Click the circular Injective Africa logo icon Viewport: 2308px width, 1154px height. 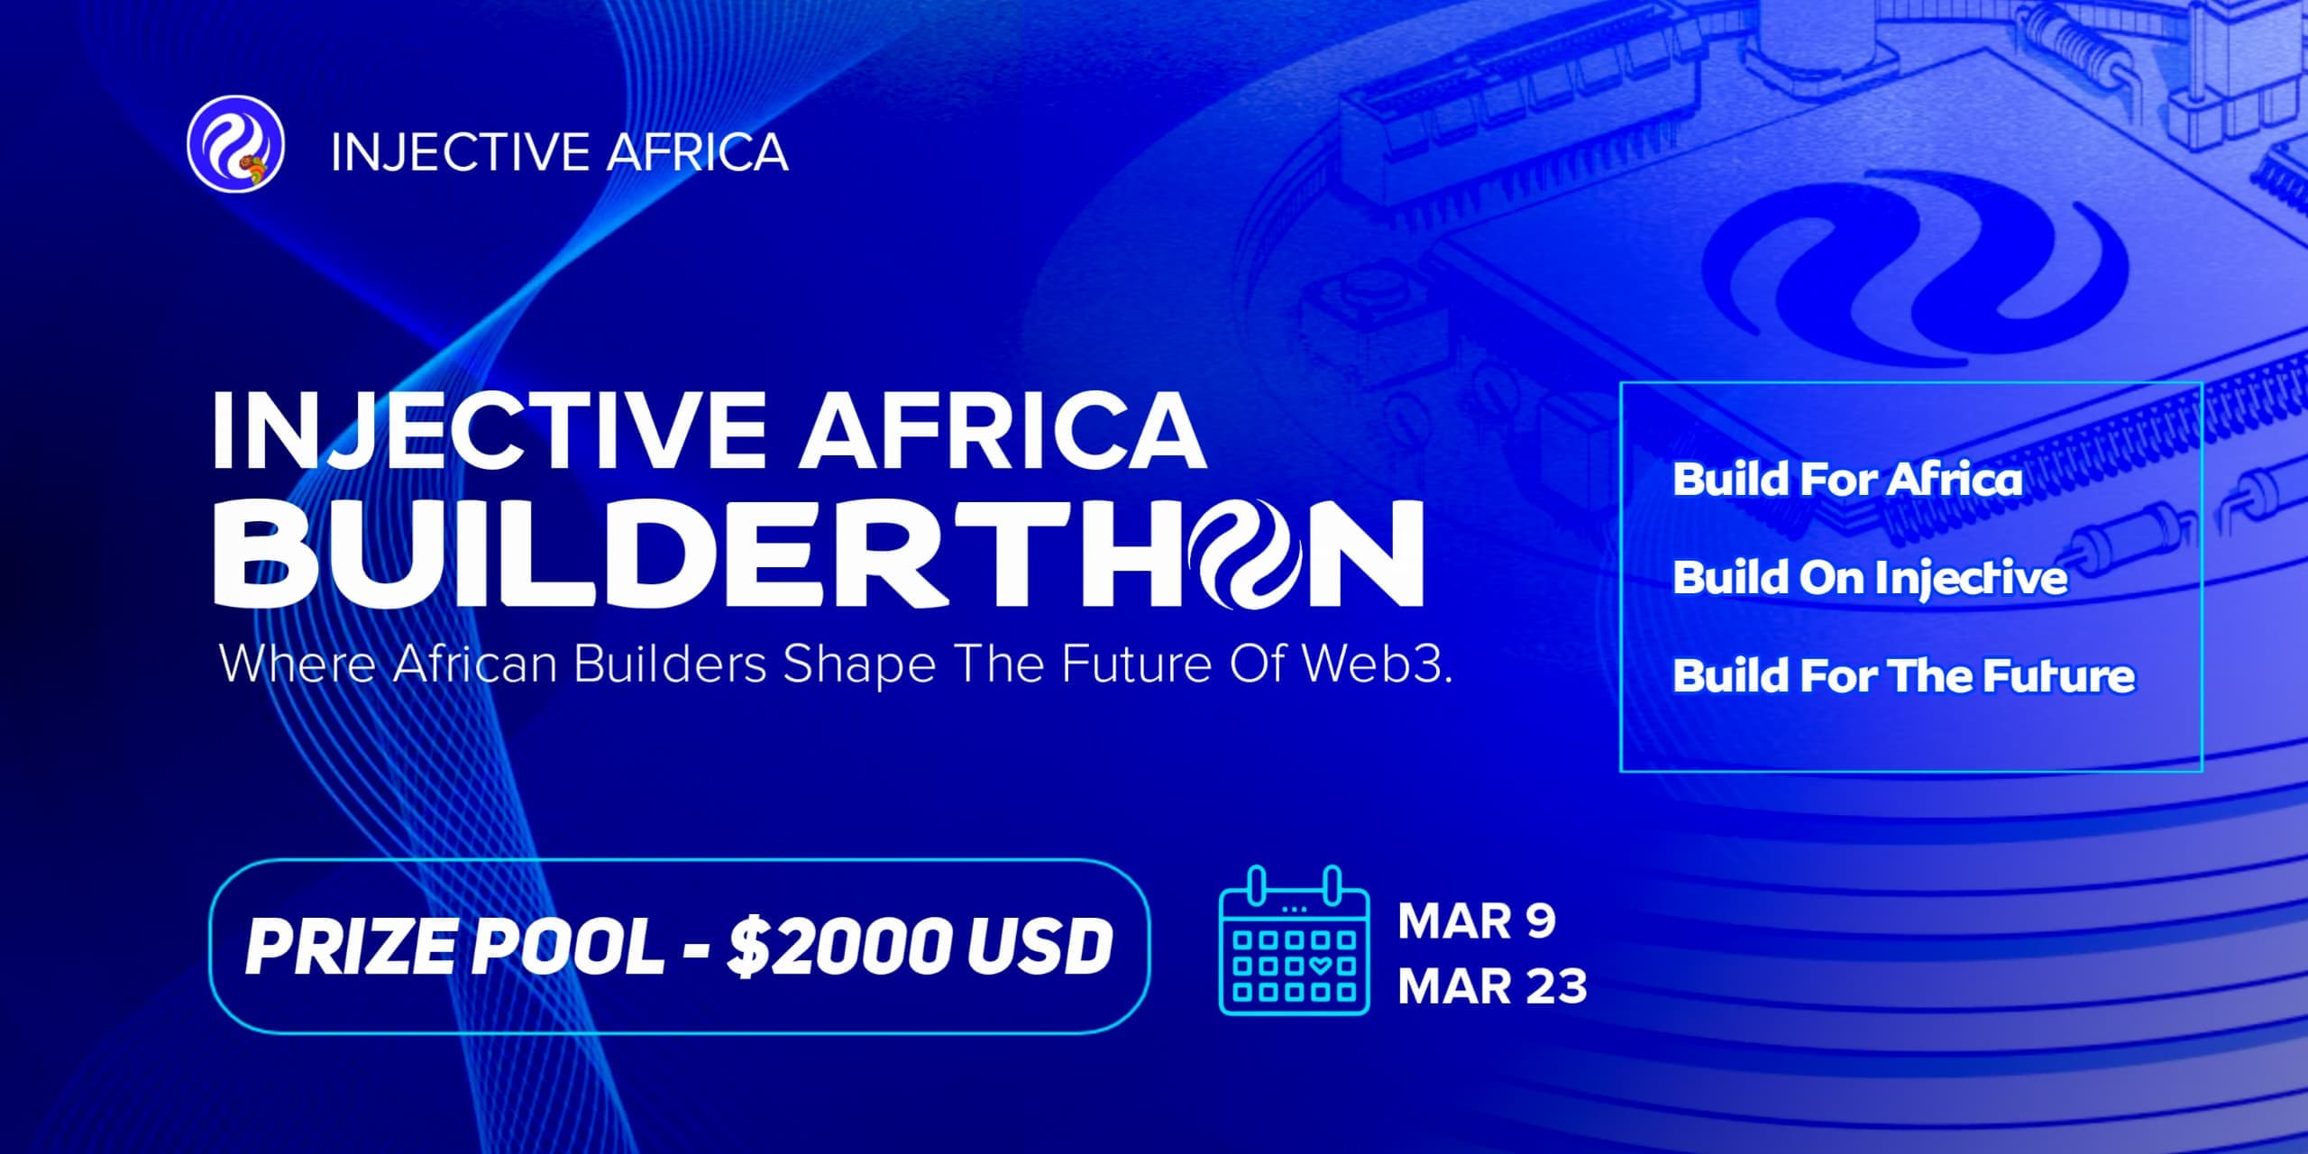(235, 145)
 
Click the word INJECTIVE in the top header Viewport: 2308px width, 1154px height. (458, 151)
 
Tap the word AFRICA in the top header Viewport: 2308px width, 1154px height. (697, 151)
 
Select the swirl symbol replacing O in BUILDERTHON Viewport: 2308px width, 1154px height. (1247, 554)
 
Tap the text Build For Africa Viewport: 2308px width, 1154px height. (1846, 479)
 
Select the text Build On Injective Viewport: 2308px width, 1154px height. (1869, 578)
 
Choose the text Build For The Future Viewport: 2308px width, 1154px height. (1903, 676)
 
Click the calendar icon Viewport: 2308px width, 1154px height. (1294, 940)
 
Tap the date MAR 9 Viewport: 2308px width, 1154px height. (1476, 921)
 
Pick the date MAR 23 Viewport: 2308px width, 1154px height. (1492, 986)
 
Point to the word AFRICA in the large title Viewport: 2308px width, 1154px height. (1003, 430)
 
